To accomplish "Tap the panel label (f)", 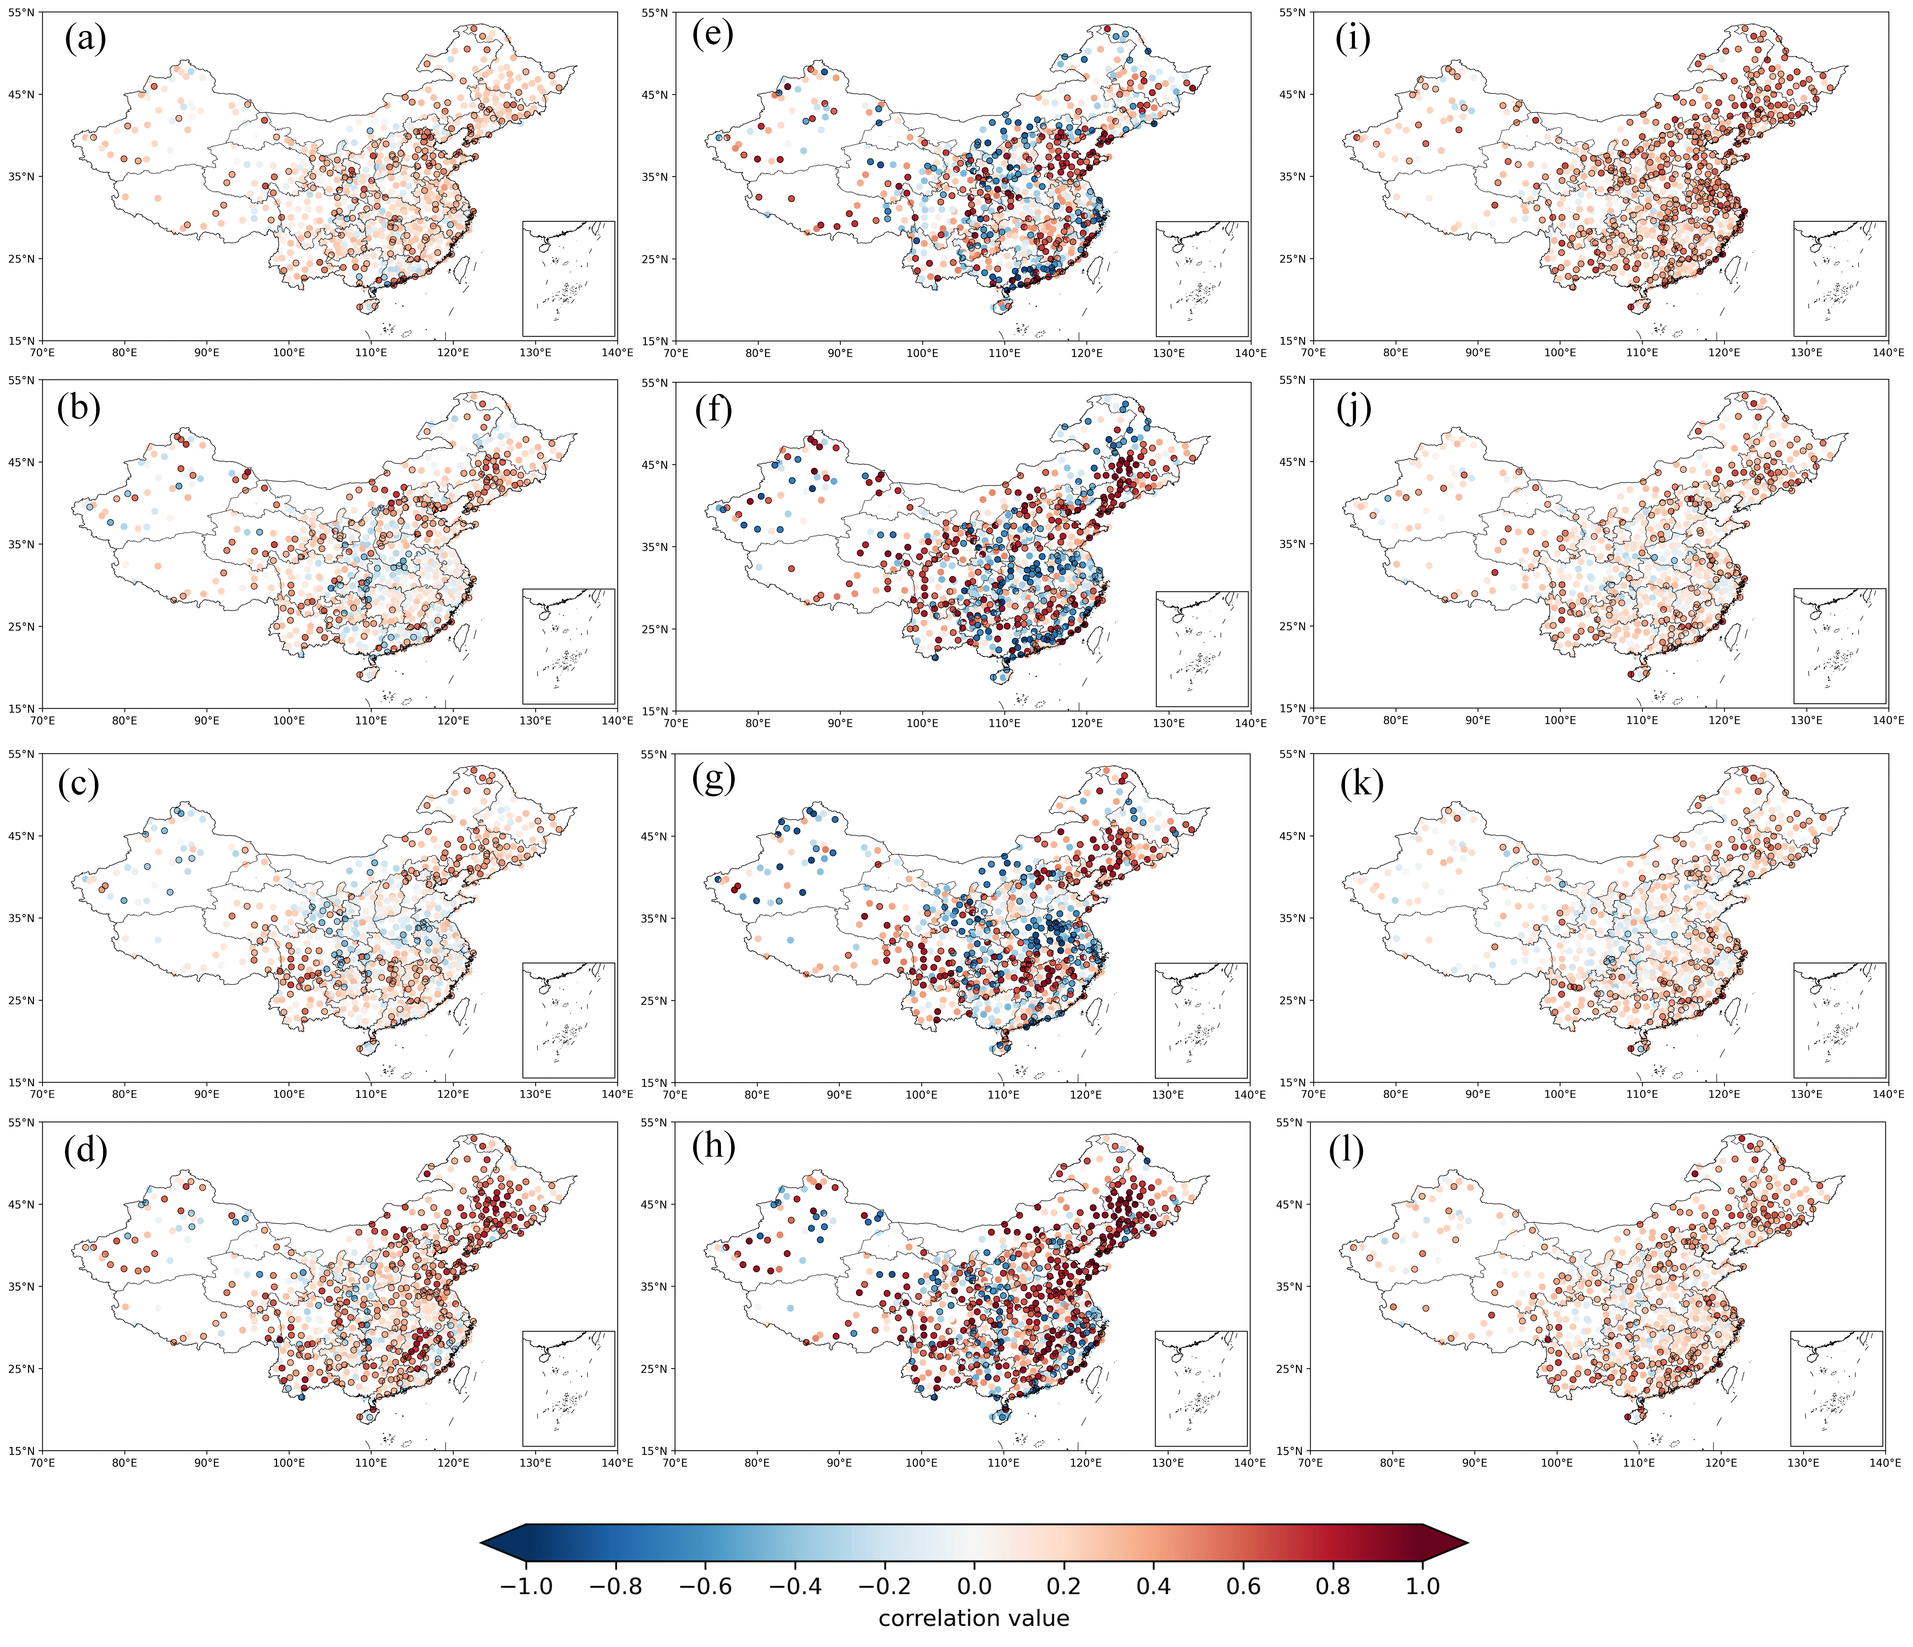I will click(x=713, y=408).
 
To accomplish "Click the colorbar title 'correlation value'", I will click(x=974, y=1618).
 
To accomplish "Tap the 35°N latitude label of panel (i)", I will click(x=1293, y=176).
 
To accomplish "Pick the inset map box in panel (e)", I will click(x=1202, y=279).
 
